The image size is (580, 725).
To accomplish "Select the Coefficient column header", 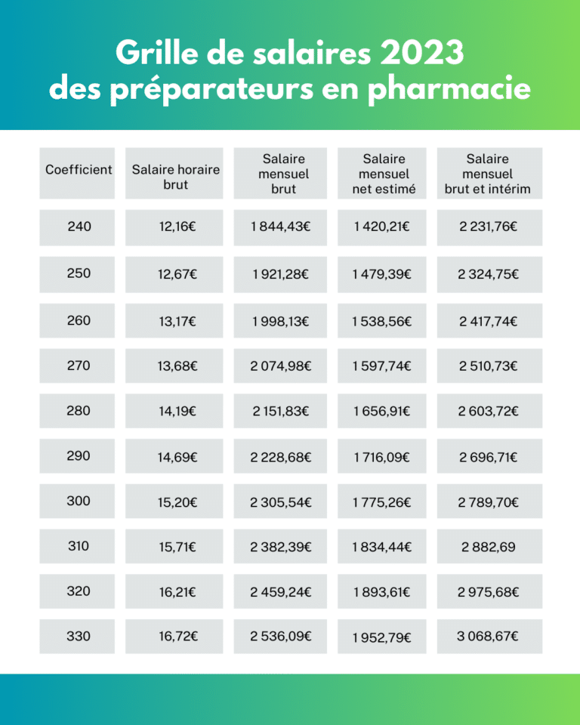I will click(x=79, y=170).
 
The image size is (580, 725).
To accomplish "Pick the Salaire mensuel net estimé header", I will click(x=384, y=174).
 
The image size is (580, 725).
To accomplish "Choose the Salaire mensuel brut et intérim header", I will click(x=488, y=174).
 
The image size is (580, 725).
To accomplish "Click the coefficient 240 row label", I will click(x=79, y=227).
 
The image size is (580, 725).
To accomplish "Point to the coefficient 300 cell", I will click(x=79, y=501).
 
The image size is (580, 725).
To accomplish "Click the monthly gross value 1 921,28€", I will click(x=280, y=274).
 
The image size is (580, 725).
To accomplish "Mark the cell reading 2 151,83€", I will click(x=280, y=412).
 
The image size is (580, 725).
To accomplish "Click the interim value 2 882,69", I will click(x=489, y=547).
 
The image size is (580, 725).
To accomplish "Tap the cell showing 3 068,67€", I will click(x=489, y=637).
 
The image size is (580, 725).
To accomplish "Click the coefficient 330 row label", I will click(x=79, y=637).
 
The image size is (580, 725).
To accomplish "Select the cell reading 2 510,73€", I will click(x=489, y=366).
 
